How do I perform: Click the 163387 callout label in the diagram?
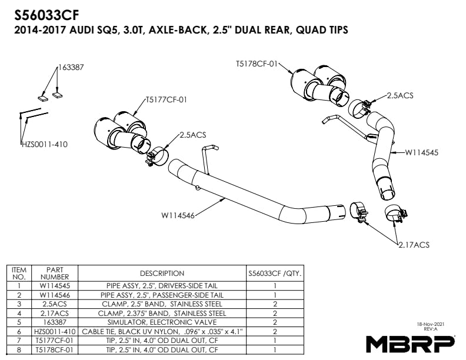tap(71, 68)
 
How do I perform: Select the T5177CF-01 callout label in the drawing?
tap(167, 99)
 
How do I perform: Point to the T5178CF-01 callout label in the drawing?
tap(256, 64)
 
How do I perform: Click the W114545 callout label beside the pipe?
tap(422, 152)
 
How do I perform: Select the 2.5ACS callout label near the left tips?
tap(193, 135)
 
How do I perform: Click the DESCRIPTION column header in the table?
tap(162, 274)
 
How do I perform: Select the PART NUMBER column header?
tap(54, 274)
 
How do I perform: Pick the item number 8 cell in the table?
tap(19, 350)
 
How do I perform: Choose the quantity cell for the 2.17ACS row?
tap(275, 314)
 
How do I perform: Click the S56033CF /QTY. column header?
tap(275, 274)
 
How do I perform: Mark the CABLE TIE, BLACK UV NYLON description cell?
tap(162, 332)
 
